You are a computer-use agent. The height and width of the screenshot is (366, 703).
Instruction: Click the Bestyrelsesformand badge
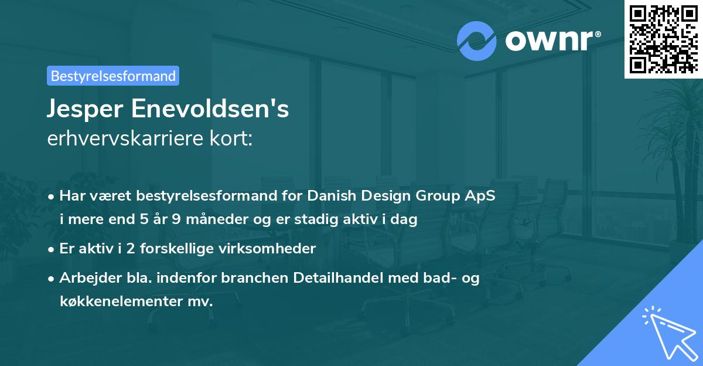(x=113, y=76)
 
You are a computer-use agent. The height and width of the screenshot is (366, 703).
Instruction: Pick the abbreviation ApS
(x=481, y=196)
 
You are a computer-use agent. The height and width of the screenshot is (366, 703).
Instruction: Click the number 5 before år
(x=144, y=220)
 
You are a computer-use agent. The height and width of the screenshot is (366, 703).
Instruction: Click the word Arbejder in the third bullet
(x=84, y=278)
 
